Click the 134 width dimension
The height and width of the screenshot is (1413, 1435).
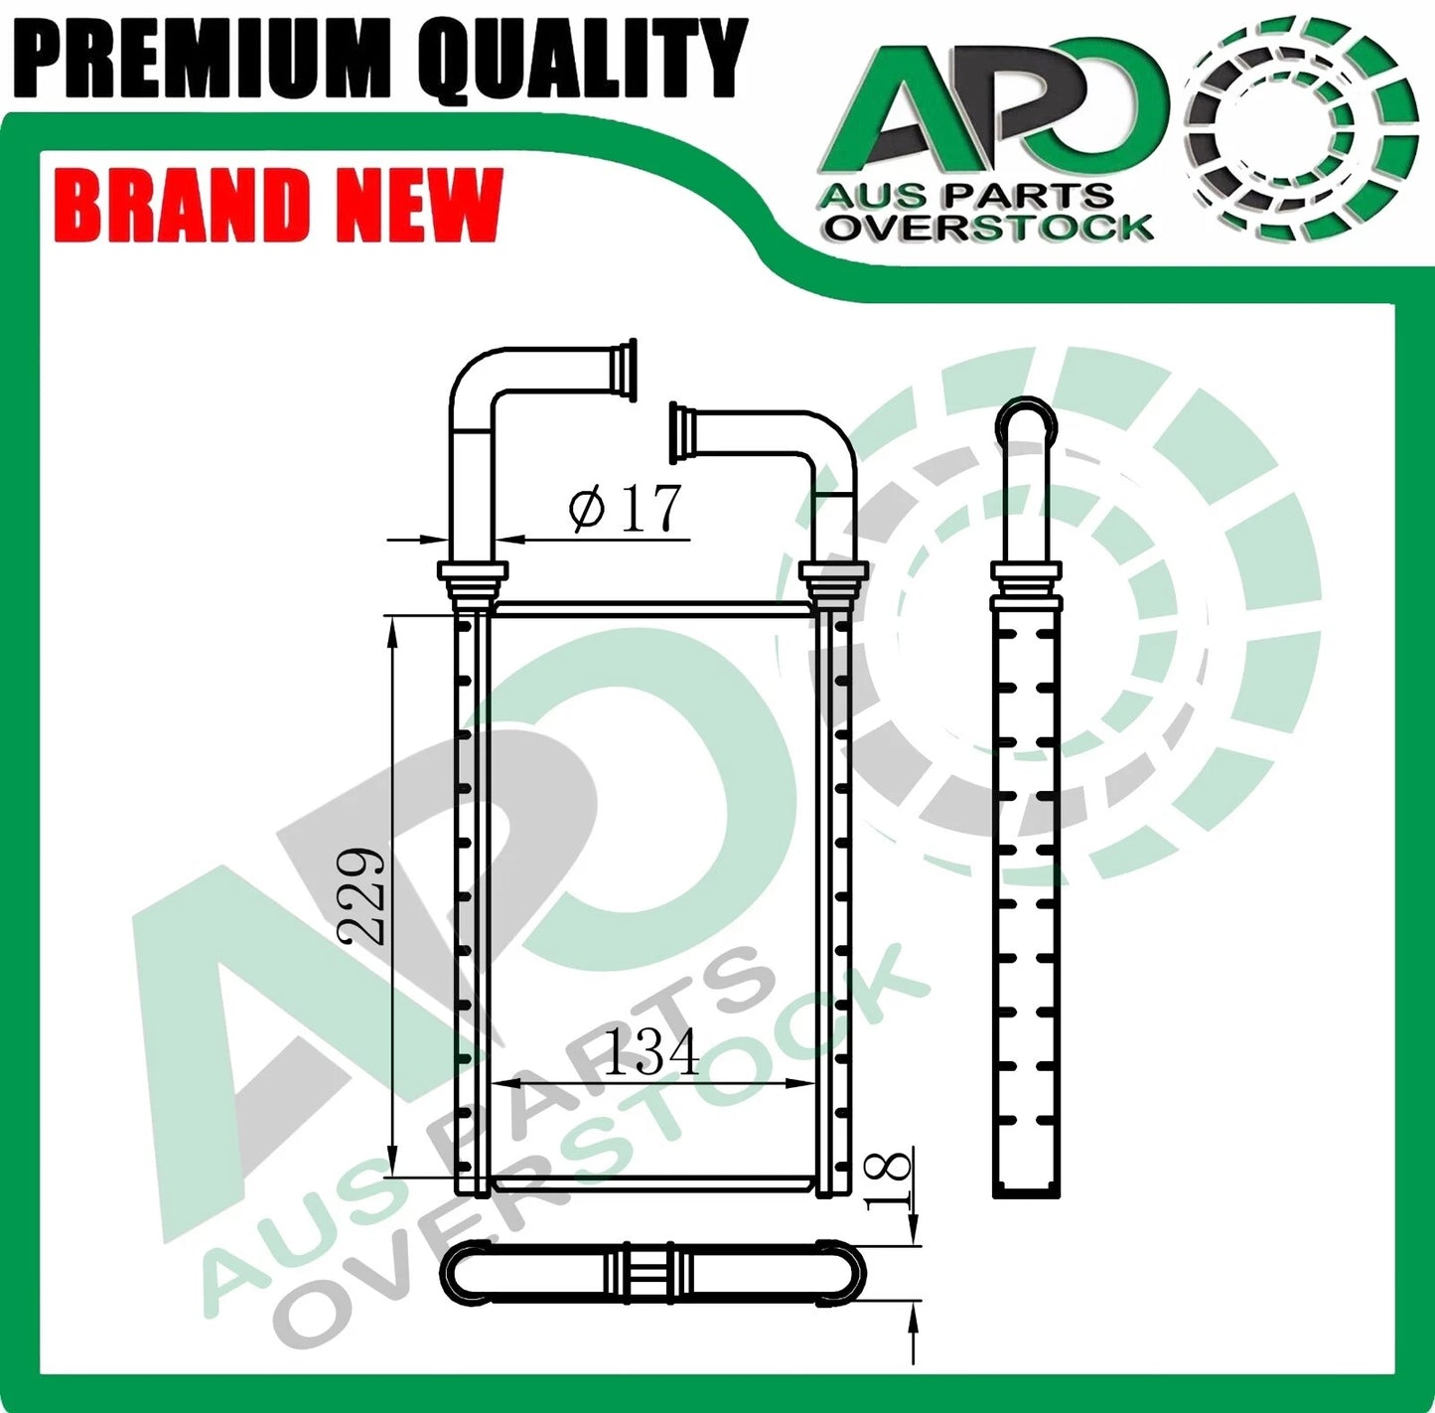650,1051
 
